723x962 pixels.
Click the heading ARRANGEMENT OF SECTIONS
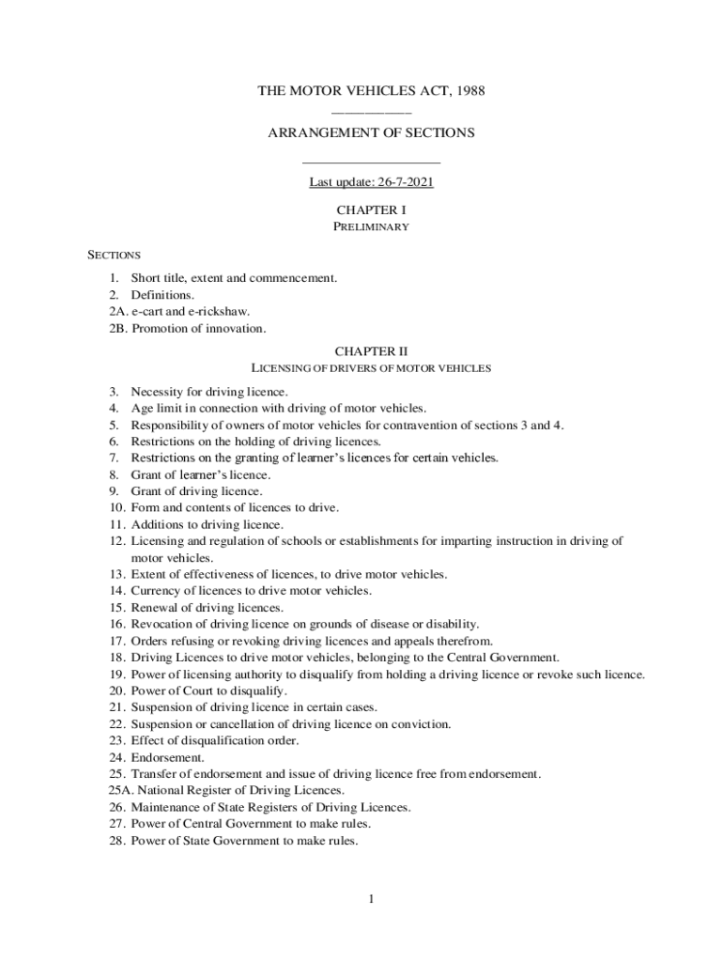click(371, 133)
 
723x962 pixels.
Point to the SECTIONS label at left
click(114, 255)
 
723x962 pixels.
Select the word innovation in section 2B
click(239, 329)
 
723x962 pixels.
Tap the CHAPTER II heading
click(371, 352)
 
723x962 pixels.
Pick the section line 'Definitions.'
click(162, 295)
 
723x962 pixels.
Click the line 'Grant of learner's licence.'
click(193, 475)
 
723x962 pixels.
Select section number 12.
click(116, 541)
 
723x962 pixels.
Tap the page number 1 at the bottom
click(371, 900)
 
